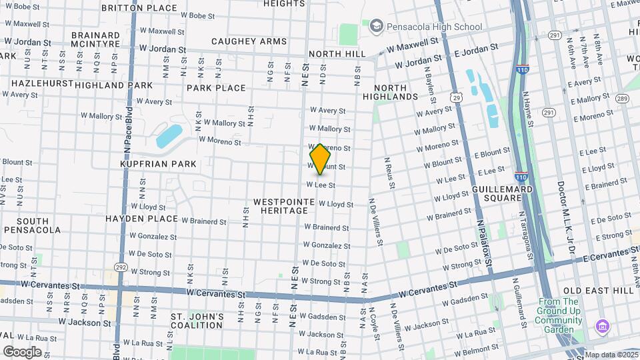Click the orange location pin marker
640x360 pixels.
pyautogui.click(x=320, y=159)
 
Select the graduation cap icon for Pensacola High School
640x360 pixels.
pyautogui.click(x=377, y=26)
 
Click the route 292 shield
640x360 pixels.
pyautogui.click(x=121, y=267)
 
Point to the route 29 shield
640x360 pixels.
pyautogui.click(x=456, y=97)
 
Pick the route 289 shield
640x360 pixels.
pyautogui.click(x=621, y=99)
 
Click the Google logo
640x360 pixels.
pyautogui.click(x=22, y=352)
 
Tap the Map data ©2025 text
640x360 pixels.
pyautogui.click(x=611, y=355)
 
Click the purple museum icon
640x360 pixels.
pyautogui.click(x=603, y=327)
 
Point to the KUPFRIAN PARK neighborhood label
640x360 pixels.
pyautogui.click(x=158, y=164)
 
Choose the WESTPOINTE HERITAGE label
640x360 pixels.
pyautogui.click(x=281, y=206)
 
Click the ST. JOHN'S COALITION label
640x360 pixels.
pyautogui.click(x=197, y=321)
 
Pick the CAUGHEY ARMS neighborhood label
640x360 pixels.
pyautogui.click(x=249, y=41)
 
